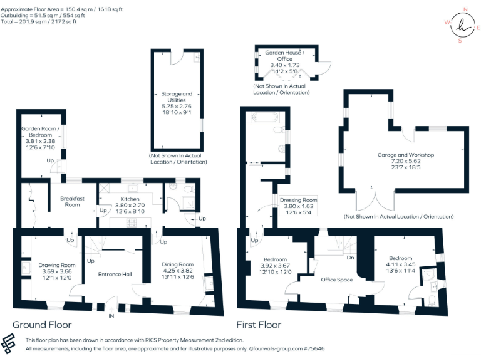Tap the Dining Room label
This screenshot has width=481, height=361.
click(177, 264)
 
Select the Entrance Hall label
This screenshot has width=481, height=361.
click(115, 274)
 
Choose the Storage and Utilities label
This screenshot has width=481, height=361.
click(177, 97)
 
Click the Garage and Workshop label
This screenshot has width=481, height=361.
click(405, 155)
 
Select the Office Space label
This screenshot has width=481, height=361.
click(337, 280)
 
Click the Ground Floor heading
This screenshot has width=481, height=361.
click(42, 325)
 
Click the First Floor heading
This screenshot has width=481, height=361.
click(258, 325)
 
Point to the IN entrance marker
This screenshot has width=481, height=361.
click(111, 316)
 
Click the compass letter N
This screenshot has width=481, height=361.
click(465, 9)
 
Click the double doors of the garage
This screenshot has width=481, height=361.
click(373, 202)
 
